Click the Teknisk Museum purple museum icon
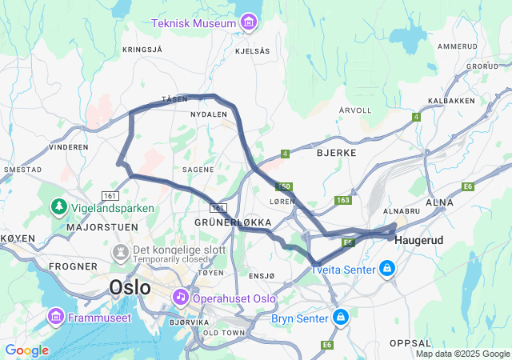tap(248, 22)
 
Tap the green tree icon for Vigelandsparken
tap(58, 207)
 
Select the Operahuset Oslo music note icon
tap(181, 298)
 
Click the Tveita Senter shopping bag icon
tap(387, 267)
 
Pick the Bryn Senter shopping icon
tap(342, 318)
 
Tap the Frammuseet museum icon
tap(55, 317)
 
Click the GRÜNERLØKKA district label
tap(234, 221)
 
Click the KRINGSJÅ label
tap(142, 50)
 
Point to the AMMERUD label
tap(458, 46)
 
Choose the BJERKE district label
tap(336, 151)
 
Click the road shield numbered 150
tap(286, 186)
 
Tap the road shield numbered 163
tap(343, 200)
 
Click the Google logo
tap(27, 350)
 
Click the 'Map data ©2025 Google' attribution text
tap(462, 354)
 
